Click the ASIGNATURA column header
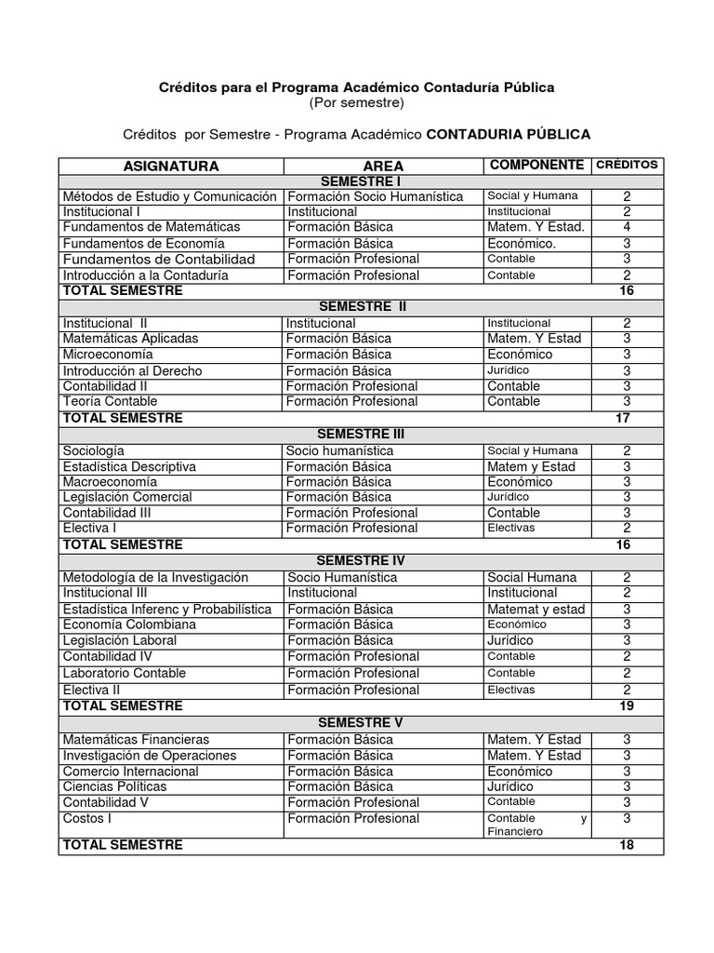[171, 166]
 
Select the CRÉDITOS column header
[626, 165]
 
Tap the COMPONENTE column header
[536, 165]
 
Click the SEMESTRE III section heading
[361, 434]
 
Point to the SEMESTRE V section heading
[360, 722]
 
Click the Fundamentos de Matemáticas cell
[151, 227]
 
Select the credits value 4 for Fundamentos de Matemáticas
[627, 227]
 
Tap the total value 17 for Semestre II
[623, 418]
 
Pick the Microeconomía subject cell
[108, 355]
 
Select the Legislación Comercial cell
[127, 497]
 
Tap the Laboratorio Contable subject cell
[125, 673]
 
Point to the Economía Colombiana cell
[129, 624]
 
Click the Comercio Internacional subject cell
[130, 772]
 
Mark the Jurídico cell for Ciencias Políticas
[511, 786]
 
